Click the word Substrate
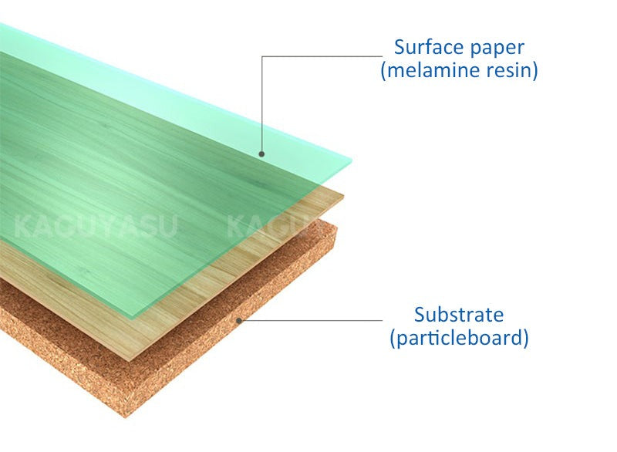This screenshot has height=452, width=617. pos(458,315)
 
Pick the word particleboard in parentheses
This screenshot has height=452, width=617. pos(460,338)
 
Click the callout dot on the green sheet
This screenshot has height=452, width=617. pos(262,154)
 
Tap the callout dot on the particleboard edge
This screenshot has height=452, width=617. pos(240,319)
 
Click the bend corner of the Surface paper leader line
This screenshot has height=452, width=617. pos(262,56)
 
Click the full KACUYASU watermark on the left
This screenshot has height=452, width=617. pos(96,228)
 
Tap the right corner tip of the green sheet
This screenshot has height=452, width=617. pos(352,161)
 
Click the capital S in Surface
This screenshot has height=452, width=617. pos(400,47)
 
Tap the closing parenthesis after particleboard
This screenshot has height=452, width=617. pos(525,338)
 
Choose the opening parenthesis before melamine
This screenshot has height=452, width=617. pos(383,71)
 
